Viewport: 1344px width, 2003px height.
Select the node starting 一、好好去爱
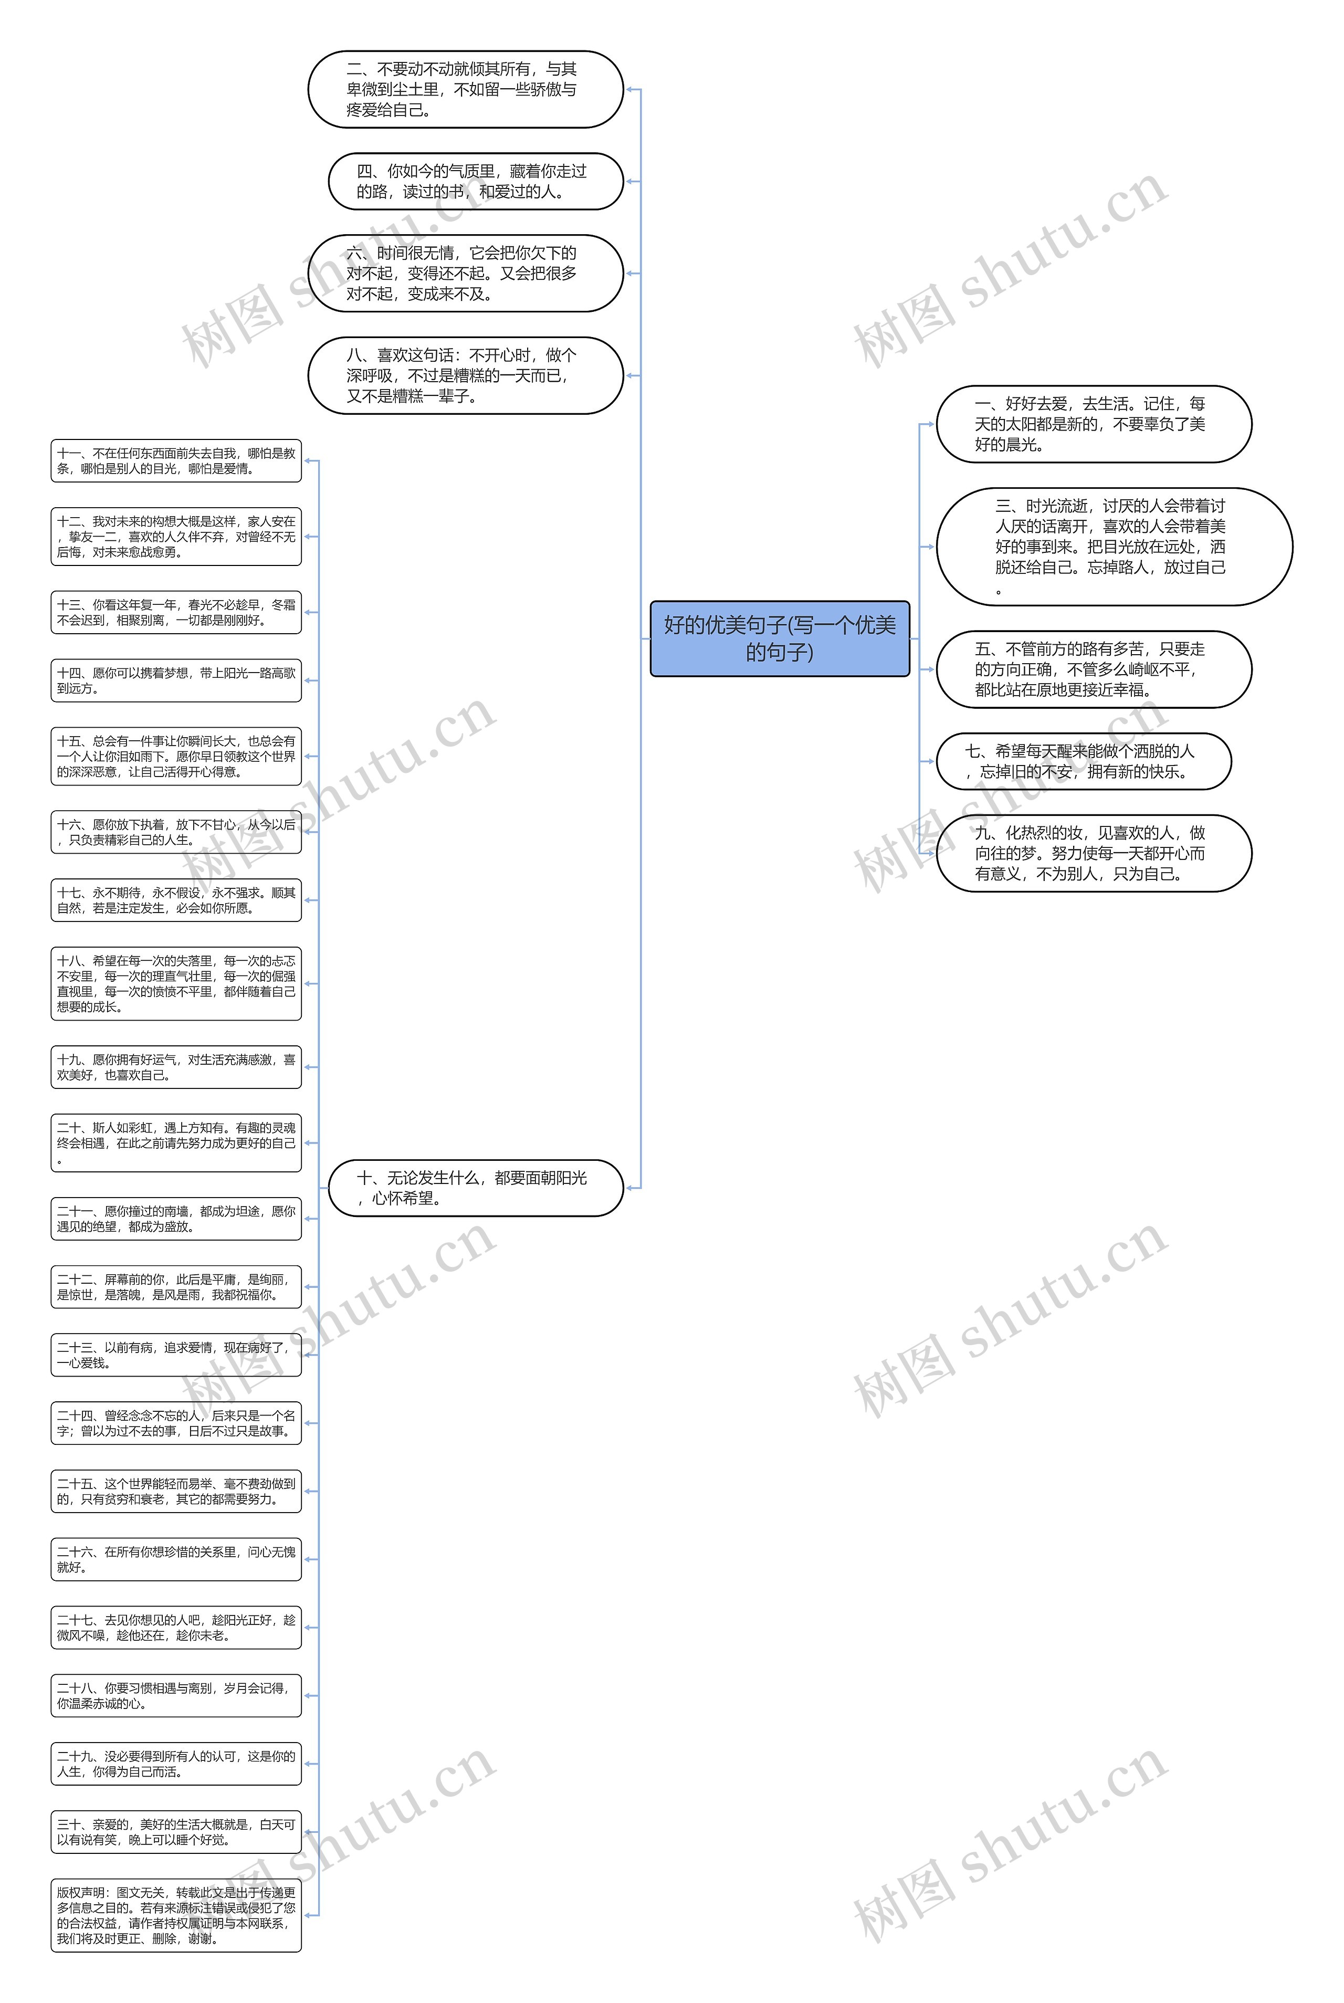pyautogui.click(x=1093, y=424)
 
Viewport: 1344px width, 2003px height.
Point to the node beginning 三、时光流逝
pyautogui.click(x=1114, y=547)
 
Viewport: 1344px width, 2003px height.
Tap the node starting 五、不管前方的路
pyautogui.click(x=1093, y=669)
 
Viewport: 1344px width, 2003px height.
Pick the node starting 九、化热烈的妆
pyautogui.click(x=1093, y=854)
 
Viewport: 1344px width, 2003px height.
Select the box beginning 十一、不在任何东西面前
pyautogui.click(x=176, y=461)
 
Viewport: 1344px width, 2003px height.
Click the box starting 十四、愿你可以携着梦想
pyautogui.click(x=176, y=680)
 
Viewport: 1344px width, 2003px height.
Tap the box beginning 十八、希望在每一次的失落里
pyautogui.click(x=176, y=984)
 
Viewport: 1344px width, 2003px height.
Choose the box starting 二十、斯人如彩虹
pyautogui.click(x=176, y=1142)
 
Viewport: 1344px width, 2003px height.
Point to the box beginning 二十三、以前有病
pyautogui.click(x=176, y=1355)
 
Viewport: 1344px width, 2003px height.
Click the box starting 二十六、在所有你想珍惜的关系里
pyautogui.click(x=176, y=1559)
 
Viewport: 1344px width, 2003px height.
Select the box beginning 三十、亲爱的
pyautogui.click(x=176, y=1832)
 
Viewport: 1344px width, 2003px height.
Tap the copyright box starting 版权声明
pyautogui.click(x=176, y=1915)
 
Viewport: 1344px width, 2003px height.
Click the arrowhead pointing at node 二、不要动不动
pyautogui.click(x=629, y=89)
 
